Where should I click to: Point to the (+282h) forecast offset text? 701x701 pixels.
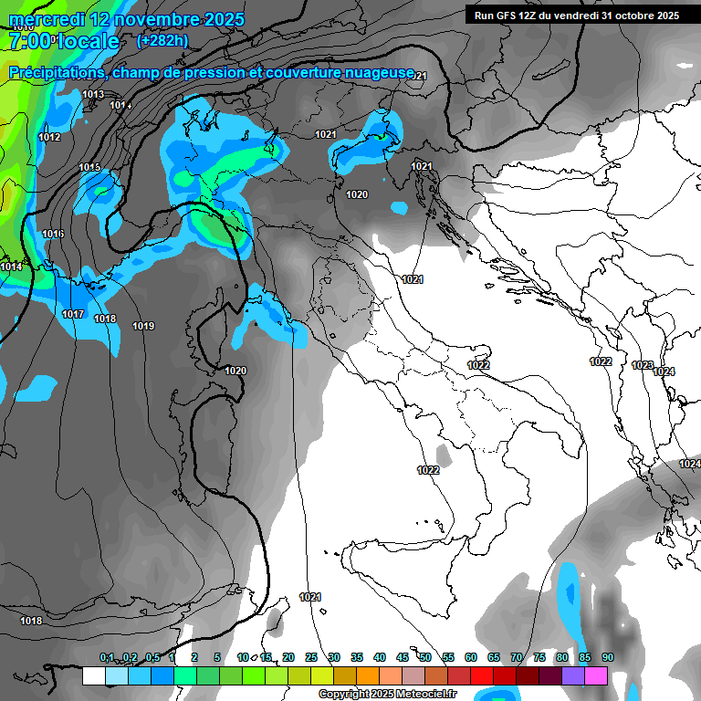[162, 41]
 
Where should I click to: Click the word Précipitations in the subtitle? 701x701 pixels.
[55, 72]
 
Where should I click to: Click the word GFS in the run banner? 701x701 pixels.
[505, 16]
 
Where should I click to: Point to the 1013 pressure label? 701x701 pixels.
[92, 94]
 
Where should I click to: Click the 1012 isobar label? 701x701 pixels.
[49, 137]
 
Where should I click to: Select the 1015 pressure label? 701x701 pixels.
[89, 167]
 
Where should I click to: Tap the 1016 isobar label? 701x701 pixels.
[53, 235]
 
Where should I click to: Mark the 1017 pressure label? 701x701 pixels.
[73, 314]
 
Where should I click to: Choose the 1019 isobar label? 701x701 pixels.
[143, 326]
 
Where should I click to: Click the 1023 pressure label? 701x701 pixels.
[642, 365]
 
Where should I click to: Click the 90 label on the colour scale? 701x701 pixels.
[607, 657]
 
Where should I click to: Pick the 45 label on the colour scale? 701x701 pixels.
[403, 657]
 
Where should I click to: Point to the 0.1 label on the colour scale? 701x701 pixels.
[107, 657]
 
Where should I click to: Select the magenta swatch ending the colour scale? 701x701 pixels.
[596, 675]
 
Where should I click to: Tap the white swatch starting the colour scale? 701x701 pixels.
[93, 675]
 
